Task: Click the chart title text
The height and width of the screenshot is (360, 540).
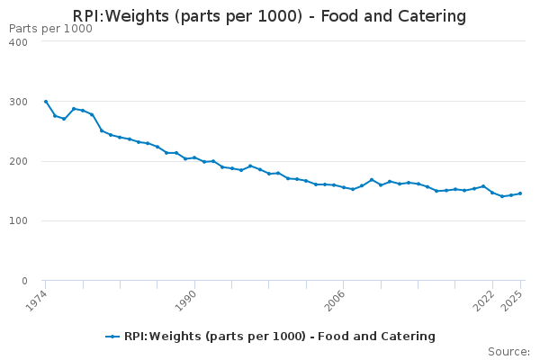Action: [270, 16]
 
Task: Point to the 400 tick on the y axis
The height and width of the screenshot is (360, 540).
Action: [17, 42]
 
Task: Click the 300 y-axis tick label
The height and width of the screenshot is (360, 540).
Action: [17, 102]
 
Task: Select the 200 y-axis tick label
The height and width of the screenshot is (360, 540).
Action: [17, 161]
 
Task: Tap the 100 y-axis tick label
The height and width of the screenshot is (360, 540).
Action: [17, 220]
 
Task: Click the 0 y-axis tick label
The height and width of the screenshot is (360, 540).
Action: [23, 281]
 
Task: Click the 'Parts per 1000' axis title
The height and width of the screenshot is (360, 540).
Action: [50, 29]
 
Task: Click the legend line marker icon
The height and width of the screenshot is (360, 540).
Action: [112, 337]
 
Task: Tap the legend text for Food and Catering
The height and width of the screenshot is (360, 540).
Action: [280, 337]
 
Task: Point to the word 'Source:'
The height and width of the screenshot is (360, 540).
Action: [508, 351]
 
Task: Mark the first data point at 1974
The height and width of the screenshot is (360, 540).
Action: [45, 102]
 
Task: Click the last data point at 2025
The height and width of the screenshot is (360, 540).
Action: [520, 193]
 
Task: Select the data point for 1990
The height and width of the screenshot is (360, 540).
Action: [194, 157]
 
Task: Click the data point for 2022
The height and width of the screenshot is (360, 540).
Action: [492, 193]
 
